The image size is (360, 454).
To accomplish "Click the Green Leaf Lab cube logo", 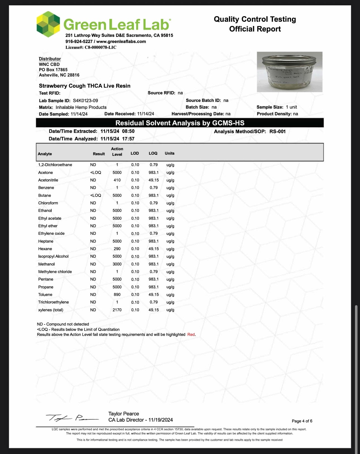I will (48, 24).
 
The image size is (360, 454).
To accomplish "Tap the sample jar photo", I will (290, 72).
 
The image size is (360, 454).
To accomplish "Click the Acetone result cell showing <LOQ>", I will (96, 173).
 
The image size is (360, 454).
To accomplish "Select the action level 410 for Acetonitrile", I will (117, 180).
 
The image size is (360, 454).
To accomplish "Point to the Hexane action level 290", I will (117, 249).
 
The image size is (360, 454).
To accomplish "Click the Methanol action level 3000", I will (117, 264).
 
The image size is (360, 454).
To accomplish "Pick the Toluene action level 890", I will (117, 295).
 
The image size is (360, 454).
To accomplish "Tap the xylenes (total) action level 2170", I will (117, 310).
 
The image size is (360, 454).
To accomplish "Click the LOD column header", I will (135, 153).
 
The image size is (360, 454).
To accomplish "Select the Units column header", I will (169, 153).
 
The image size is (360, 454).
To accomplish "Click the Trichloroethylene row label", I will (53, 302).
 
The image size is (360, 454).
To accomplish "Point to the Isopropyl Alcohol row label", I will (53, 256).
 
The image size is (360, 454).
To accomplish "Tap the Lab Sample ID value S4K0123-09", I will (85, 101).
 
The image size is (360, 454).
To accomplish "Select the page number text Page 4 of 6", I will (302, 421).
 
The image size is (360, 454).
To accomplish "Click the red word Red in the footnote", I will (191, 334).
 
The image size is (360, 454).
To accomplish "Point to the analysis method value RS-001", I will (277, 132).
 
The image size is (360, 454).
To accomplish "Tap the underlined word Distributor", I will (50, 59).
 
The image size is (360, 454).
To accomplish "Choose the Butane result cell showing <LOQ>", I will (96, 195).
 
